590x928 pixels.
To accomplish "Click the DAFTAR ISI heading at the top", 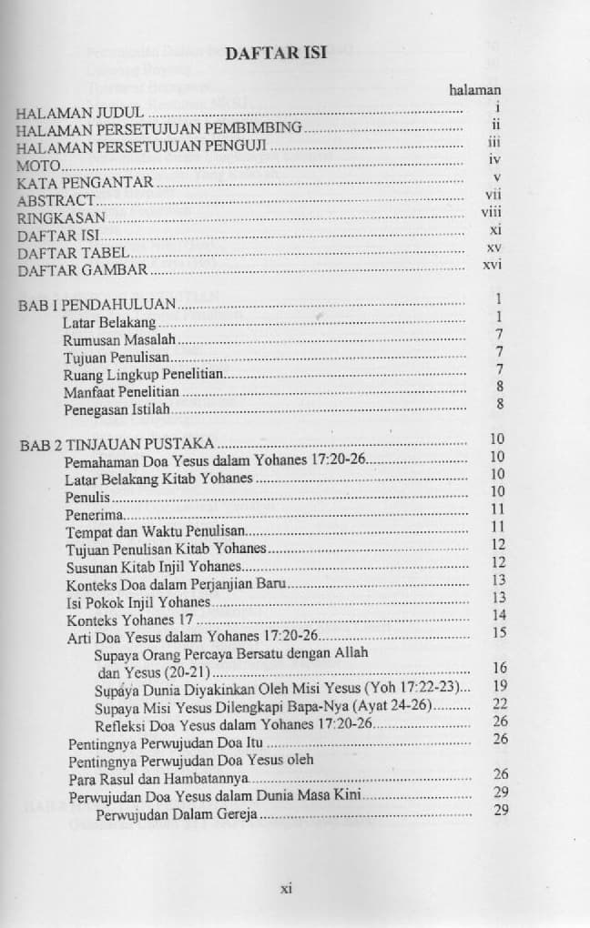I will pyautogui.click(x=281, y=52).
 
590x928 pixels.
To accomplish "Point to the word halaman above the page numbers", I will pyautogui.click(x=475, y=90).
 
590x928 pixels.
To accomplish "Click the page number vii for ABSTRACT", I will pyautogui.click(x=494, y=193).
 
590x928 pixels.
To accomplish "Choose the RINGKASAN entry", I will pyautogui.click(x=61, y=218).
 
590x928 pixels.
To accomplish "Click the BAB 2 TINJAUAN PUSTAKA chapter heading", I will pyautogui.click(x=117, y=444).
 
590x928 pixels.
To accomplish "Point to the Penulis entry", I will pyautogui.click(x=87, y=498).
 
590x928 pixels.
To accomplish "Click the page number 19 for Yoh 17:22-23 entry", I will pyautogui.click(x=499, y=685).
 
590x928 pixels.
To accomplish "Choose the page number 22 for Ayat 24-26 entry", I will pyautogui.click(x=499, y=703).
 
